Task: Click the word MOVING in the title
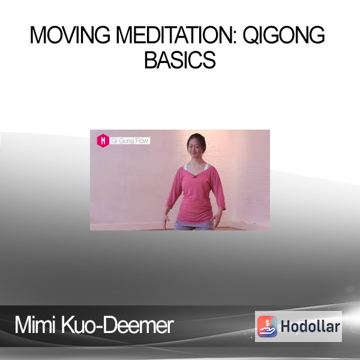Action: [x=70, y=35]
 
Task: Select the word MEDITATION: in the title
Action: [x=176, y=35]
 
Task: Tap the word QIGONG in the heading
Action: [x=284, y=35]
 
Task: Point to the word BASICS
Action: [x=180, y=59]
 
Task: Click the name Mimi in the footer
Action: [x=35, y=325]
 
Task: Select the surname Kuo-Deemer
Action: [x=117, y=325]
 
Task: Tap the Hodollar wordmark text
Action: [x=310, y=326]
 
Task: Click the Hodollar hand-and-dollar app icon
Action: [x=267, y=326]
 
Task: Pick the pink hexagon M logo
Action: [x=103, y=140]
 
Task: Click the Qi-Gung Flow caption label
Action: [x=129, y=140]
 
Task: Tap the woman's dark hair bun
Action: [x=197, y=137]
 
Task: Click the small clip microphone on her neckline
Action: [x=194, y=176]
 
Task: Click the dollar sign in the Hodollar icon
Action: [x=267, y=322]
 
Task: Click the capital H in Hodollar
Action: [x=286, y=326]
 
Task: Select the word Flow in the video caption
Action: [x=141, y=140]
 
